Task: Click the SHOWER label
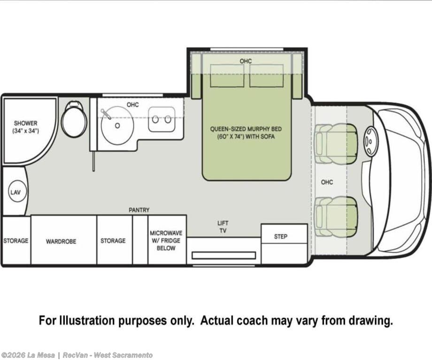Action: tap(26, 123)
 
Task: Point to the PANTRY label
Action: tap(139, 210)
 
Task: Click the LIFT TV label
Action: tap(223, 227)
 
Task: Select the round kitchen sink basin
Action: tap(117, 126)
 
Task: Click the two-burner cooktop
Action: tap(162, 120)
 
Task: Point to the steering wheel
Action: tap(369, 141)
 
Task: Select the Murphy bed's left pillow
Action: tap(227, 76)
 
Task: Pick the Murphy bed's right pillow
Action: tap(266, 76)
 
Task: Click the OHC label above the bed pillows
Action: tap(246, 61)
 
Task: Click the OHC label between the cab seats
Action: tap(327, 182)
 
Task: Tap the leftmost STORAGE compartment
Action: tap(16, 240)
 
